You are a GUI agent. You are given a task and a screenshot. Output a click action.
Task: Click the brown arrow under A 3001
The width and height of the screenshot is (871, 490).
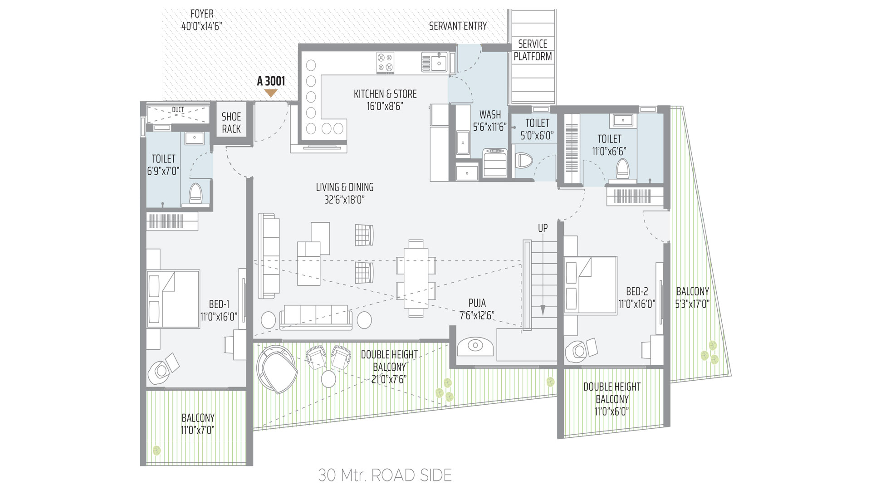(x=271, y=93)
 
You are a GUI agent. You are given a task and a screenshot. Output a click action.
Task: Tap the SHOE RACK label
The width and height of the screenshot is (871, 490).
(x=231, y=122)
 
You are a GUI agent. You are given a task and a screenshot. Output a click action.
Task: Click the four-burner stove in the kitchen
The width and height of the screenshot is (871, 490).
(x=385, y=63)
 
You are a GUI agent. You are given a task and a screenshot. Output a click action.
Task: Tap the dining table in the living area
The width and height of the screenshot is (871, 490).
(x=416, y=279)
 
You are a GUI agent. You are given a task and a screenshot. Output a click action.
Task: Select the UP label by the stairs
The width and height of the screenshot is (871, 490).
(x=543, y=228)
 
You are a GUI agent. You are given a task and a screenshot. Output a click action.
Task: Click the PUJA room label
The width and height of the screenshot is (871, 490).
(x=477, y=303)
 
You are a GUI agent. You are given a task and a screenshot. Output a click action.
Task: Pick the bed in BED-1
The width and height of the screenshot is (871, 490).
(x=173, y=299)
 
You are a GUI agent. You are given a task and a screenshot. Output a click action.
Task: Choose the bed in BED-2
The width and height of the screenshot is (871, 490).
(x=590, y=285)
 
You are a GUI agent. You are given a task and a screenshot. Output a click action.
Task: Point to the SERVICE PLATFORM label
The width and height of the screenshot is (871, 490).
(x=533, y=50)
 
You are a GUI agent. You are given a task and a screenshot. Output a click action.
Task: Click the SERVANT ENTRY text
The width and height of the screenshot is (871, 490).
(x=458, y=26)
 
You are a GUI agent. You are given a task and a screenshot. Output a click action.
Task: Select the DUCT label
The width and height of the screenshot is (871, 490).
(x=178, y=110)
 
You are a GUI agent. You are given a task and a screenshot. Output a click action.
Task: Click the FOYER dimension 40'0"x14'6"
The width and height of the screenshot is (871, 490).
(x=201, y=26)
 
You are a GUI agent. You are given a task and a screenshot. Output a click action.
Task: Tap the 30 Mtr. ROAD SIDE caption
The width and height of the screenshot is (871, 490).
(x=385, y=475)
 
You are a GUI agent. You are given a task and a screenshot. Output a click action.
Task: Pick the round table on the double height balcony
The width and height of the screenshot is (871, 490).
(x=328, y=378)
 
